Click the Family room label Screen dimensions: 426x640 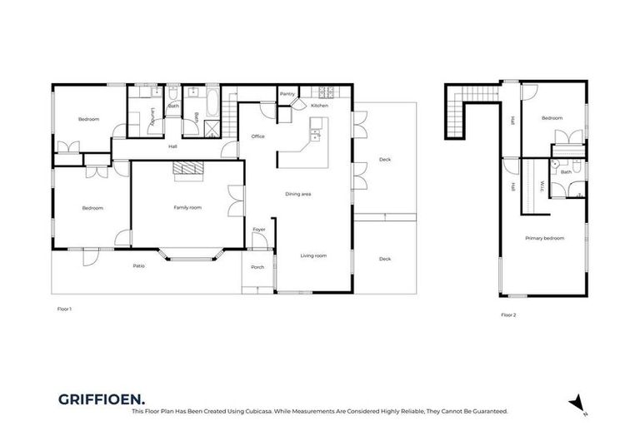point(187,207)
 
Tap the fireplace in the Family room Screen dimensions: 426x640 point(188,170)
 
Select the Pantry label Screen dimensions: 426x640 point(287,94)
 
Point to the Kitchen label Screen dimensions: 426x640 point(319,106)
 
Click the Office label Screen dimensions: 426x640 point(257,136)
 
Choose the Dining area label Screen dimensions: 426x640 point(297,194)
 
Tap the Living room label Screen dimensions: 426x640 point(313,256)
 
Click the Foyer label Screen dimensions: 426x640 point(259,229)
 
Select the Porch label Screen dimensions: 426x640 point(257,267)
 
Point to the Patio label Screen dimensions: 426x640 point(139,265)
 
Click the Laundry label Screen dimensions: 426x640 point(152,121)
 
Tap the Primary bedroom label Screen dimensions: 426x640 point(544,238)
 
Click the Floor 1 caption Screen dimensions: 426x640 point(64,309)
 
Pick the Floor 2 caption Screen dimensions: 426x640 point(508,315)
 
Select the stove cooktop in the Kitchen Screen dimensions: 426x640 point(322,90)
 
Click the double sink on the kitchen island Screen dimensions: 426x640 point(316,134)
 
